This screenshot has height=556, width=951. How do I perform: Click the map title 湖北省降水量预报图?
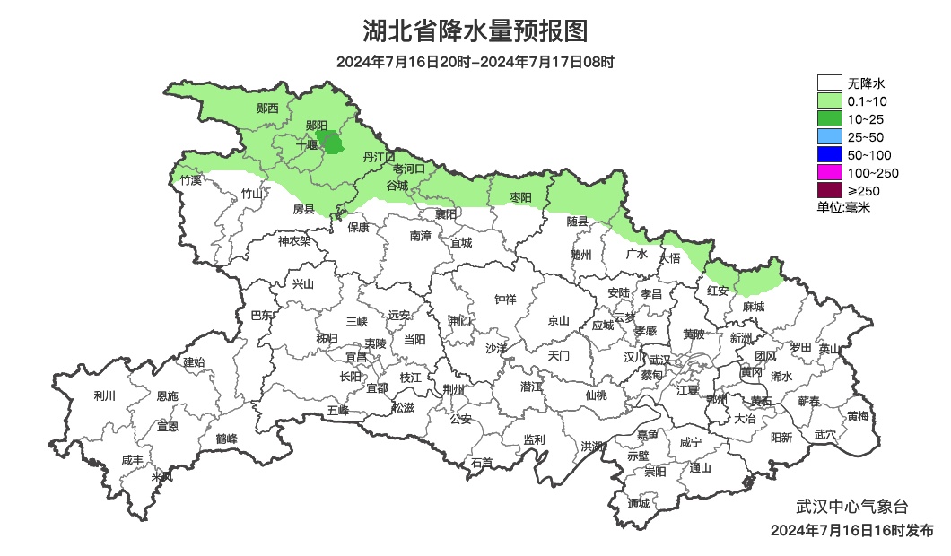pyautogui.click(x=475, y=31)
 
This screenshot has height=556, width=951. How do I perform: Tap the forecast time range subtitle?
pyautogui.click(x=475, y=63)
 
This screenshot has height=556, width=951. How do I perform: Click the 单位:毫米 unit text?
pyautogui.click(x=843, y=207)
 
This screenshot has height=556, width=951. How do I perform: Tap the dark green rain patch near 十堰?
pyautogui.click(x=333, y=142)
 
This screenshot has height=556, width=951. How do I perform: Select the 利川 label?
pyautogui.click(x=105, y=395)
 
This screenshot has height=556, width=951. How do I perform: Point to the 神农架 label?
pyautogui.click(x=294, y=240)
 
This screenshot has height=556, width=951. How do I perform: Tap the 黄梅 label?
pyautogui.click(x=858, y=416)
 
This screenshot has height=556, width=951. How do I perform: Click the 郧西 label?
pyautogui.click(x=267, y=109)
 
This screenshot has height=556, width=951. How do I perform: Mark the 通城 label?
pyautogui.click(x=639, y=503)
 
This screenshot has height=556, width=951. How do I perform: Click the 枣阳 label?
pyautogui.click(x=520, y=196)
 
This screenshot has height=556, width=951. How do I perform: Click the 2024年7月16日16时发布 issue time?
pyautogui.click(x=851, y=530)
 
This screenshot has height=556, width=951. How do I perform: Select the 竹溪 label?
pyautogui.click(x=191, y=180)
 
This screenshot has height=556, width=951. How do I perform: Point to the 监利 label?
pyautogui.click(x=534, y=439)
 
